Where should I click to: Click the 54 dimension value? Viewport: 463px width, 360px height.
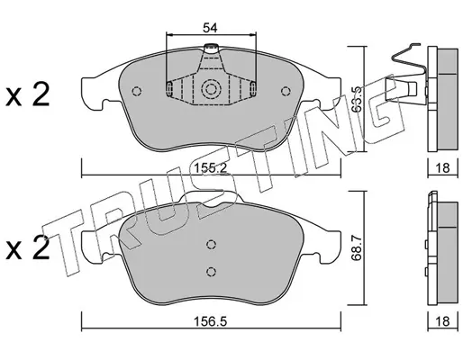click(x=210, y=28)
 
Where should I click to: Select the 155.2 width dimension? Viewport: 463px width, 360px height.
click(x=210, y=168)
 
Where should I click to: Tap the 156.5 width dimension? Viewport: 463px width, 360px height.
click(x=210, y=322)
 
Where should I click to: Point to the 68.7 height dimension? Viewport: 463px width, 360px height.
click(x=357, y=248)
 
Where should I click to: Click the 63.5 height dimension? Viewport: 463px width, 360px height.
click(x=357, y=99)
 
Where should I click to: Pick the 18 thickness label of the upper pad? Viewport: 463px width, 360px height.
click(x=442, y=168)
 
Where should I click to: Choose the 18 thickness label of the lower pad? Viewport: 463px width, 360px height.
click(x=442, y=321)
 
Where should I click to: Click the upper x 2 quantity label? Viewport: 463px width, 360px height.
click(x=27, y=95)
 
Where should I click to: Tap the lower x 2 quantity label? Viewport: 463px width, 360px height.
click(x=27, y=247)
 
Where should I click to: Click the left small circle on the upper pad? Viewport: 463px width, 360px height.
click(x=137, y=91)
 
